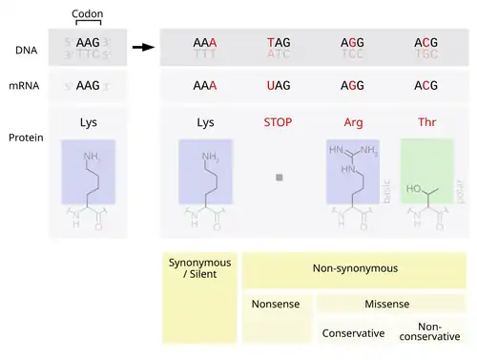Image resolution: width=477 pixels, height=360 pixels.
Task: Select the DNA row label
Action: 27,50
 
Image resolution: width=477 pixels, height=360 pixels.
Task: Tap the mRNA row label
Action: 29,86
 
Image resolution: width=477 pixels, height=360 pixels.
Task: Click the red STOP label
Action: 279,122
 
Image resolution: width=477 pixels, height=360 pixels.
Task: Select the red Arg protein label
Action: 352,122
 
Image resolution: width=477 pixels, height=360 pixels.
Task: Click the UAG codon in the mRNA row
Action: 279,86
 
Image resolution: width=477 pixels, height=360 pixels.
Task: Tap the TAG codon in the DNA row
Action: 279,43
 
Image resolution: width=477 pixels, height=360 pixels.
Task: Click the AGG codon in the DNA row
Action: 352,43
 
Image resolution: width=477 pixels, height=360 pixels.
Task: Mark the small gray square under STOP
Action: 279,178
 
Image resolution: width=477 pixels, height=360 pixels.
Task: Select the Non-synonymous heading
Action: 354,269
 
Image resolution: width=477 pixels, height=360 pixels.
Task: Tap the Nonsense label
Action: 276,305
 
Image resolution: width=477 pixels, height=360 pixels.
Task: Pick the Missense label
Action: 387,305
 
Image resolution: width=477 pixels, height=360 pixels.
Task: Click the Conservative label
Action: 352,333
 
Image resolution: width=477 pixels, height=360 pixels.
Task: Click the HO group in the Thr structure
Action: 416,188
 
